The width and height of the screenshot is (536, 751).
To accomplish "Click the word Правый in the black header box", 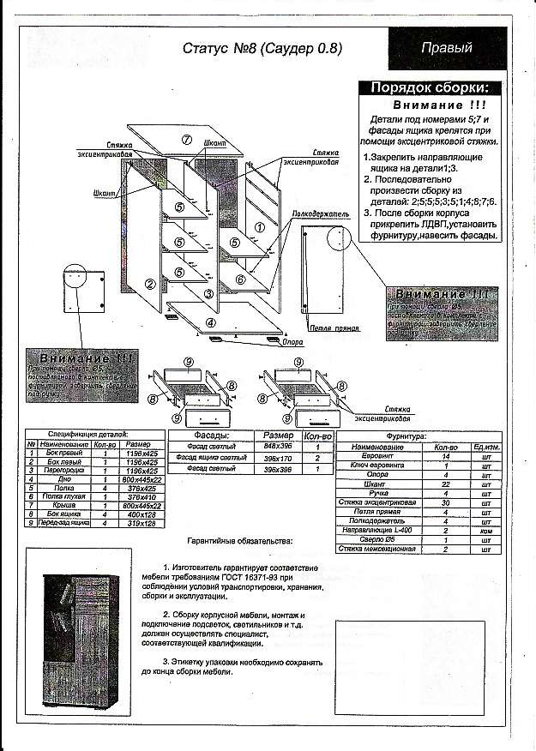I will click(x=446, y=48).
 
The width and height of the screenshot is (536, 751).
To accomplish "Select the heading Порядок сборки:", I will click(x=430, y=88).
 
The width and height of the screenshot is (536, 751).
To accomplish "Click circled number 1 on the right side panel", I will click(x=259, y=227).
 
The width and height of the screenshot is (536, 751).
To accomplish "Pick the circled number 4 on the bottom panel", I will click(x=210, y=322).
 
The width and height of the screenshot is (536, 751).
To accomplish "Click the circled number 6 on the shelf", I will click(x=240, y=279).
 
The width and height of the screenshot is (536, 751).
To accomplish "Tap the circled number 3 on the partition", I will click(x=208, y=294).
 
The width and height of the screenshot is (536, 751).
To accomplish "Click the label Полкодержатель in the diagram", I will click(x=320, y=212).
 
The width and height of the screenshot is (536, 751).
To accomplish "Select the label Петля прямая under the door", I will click(x=328, y=329).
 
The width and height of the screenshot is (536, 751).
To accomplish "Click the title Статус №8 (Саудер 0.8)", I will click(x=262, y=49).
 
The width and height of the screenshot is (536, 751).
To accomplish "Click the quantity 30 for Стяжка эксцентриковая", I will click(x=446, y=502).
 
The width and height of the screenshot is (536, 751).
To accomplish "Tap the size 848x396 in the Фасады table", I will click(x=278, y=447).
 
